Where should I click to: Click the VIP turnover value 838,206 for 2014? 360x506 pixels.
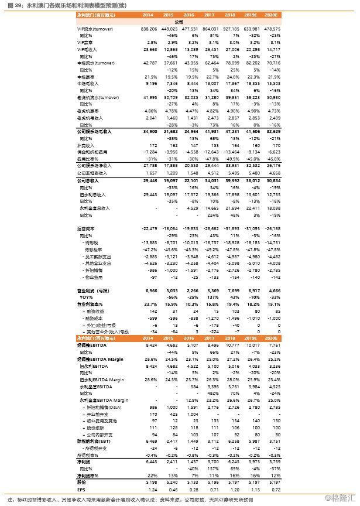149,29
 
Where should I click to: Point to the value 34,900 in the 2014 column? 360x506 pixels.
150,133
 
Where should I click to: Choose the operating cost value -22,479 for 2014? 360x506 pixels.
149,228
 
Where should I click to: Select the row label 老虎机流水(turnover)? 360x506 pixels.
94,97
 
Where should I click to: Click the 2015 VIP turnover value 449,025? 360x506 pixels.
170,29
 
